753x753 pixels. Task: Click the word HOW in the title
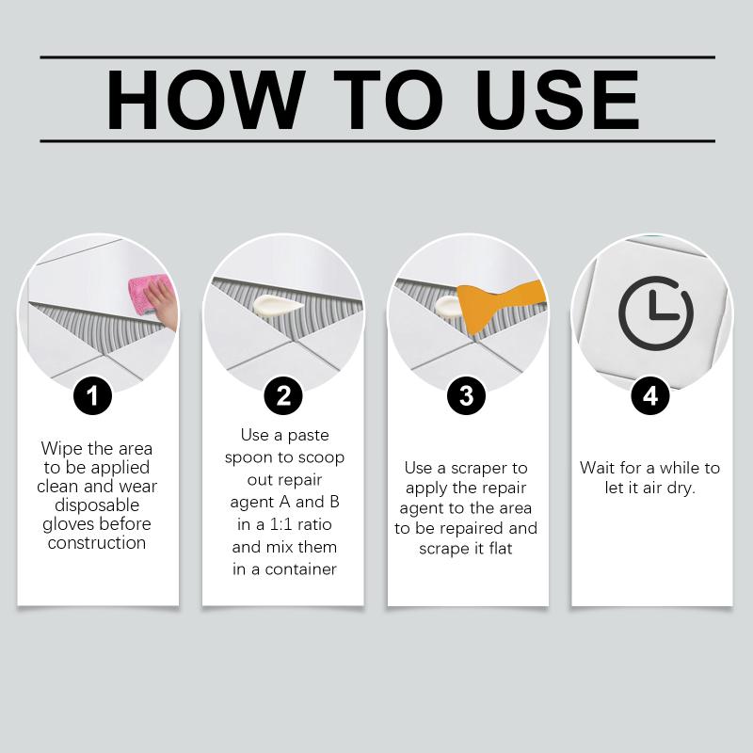tap(205, 100)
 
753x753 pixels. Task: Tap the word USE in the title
tap(557, 100)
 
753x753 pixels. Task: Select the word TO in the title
tap(388, 100)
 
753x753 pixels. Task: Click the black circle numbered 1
tap(92, 396)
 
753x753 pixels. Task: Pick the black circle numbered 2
tap(283, 396)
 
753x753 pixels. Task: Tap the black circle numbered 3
tap(466, 396)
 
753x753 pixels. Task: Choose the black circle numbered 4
tap(650, 396)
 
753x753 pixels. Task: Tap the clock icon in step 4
tap(656, 312)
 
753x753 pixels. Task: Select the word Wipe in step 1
tap(62, 449)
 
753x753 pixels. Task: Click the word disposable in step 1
tap(97, 505)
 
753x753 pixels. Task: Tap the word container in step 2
tap(300, 569)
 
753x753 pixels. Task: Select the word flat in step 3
tap(501, 548)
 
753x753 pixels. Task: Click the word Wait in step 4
tap(598, 468)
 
